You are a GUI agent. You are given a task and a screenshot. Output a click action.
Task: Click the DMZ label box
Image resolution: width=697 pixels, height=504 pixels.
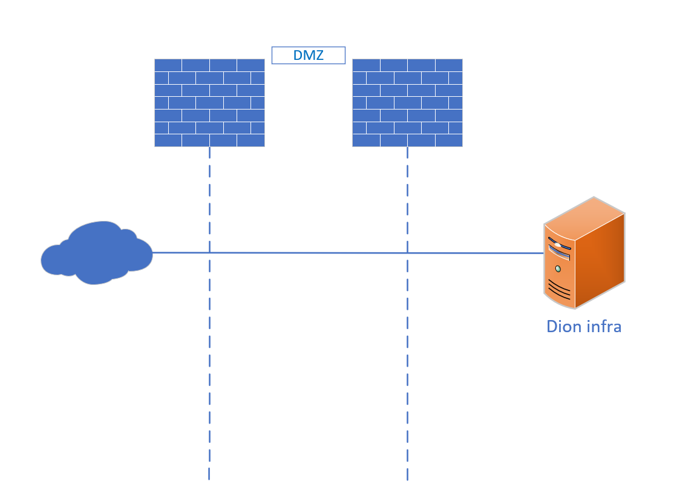tap(309, 56)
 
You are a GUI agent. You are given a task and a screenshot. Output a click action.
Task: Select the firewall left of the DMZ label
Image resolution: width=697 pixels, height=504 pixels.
tap(209, 103)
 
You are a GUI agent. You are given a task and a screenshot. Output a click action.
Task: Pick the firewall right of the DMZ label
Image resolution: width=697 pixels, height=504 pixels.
tap(407, 103)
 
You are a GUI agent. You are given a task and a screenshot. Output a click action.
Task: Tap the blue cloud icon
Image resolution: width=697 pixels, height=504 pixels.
tap(96, 252)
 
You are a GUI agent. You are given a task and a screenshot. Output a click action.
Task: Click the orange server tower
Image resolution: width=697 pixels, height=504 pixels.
tap(584, 252)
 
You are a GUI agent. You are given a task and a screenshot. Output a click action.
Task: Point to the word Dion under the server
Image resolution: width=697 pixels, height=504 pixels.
tap(563, 327)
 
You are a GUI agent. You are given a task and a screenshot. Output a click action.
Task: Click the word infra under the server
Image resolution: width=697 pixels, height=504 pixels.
tap(603, 327)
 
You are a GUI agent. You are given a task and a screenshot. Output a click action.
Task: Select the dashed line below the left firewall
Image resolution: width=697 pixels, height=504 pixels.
tap(209, 313)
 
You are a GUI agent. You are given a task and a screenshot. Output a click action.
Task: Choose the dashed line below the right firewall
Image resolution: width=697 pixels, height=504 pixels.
tap(407, 313)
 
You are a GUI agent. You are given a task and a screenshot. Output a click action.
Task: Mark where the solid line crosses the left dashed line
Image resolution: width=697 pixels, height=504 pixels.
tap(209, 253)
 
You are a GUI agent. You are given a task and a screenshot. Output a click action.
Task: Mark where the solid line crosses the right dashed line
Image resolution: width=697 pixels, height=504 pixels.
tap(407, 253)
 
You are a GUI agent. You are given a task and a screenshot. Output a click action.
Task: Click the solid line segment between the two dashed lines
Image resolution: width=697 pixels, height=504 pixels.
tap(309, 253)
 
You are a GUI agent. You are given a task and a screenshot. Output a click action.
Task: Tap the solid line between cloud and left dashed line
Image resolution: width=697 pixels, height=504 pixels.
tap(181, 252)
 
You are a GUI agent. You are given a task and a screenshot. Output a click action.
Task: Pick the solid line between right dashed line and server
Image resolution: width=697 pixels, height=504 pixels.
tap(476, 254)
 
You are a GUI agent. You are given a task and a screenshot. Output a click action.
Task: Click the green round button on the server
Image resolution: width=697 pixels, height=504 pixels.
tap(558, 269)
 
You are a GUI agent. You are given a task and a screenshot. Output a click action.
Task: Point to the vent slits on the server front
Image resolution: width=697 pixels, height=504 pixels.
tap(559, 289)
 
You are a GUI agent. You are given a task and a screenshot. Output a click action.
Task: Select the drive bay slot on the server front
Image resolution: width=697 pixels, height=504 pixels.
tap(559, 252)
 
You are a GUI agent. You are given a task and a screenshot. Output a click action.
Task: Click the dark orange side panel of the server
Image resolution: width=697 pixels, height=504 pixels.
tap(600, 260)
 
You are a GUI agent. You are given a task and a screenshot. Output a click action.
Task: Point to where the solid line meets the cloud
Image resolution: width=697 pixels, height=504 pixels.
tap(152, 252)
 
